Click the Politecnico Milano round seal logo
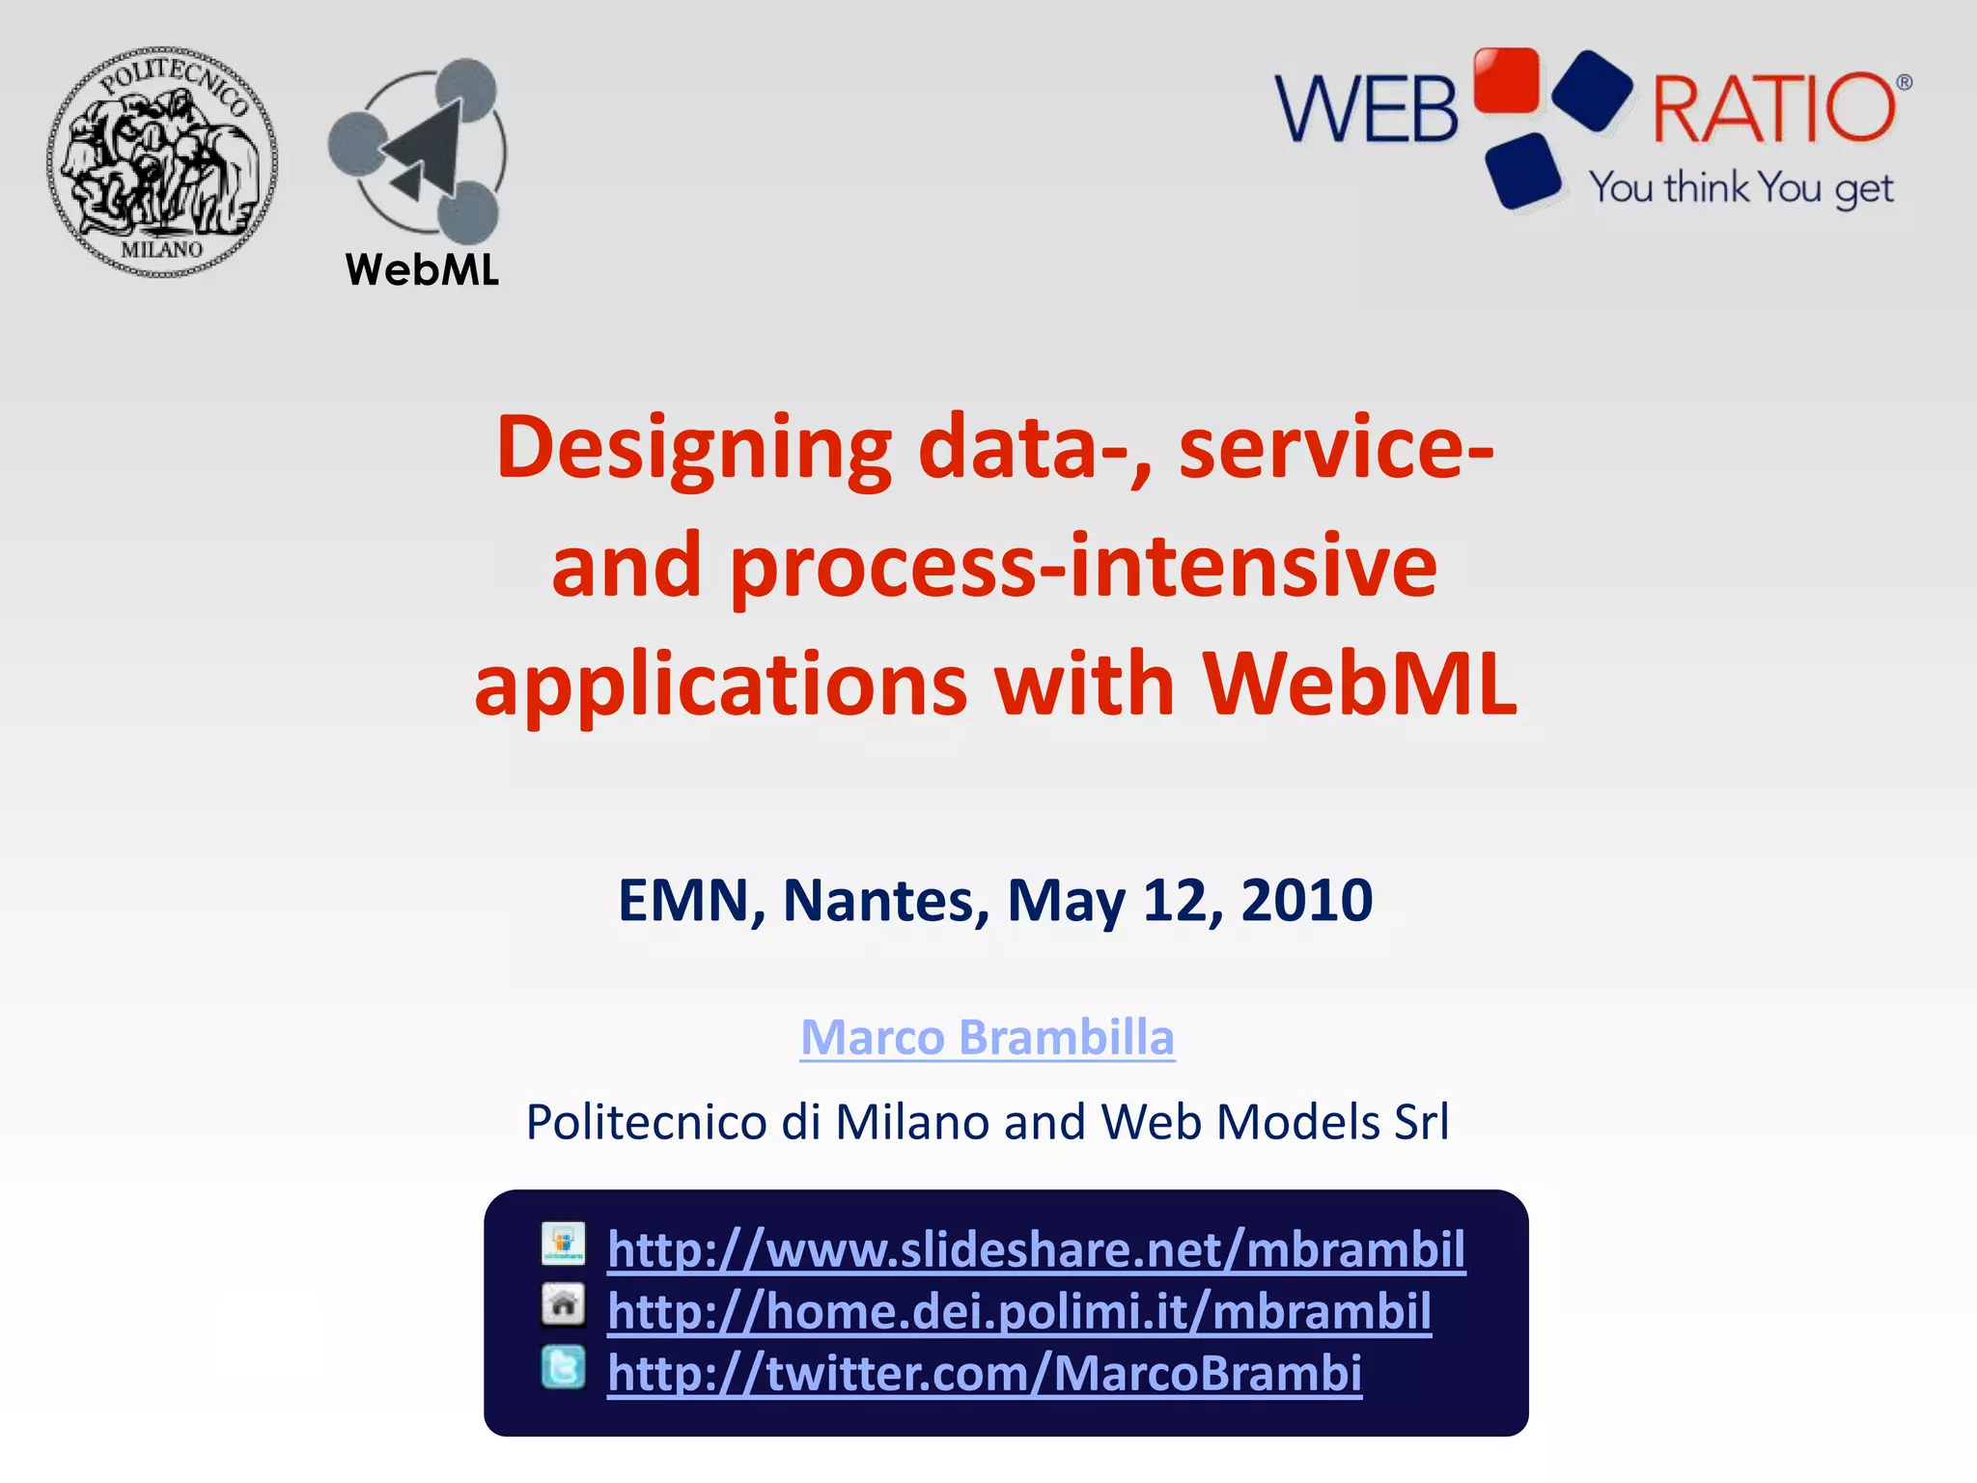[x=162, y=162]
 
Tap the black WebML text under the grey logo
[x=422, y=269]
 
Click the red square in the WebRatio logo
[x=1506, y=81]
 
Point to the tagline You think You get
[x=1741, y=187]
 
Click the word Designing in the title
[x=693, y=448]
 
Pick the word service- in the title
[x=1336, y=448]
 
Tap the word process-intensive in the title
[x=1083, y=567]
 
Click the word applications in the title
[x=720, y=685]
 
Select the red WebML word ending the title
[x=1359, y=685]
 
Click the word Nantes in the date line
[x=885, y=901]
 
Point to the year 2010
[x=1306, y=901]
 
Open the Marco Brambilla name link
[x=988, y=1038]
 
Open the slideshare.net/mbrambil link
[x=1036, y=1249]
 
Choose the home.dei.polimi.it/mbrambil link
[x=1018, y=1311]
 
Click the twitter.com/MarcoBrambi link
[x=984, y=1373]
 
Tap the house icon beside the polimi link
[x=563, y=1304]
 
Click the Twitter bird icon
[x=563, y=1367]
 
